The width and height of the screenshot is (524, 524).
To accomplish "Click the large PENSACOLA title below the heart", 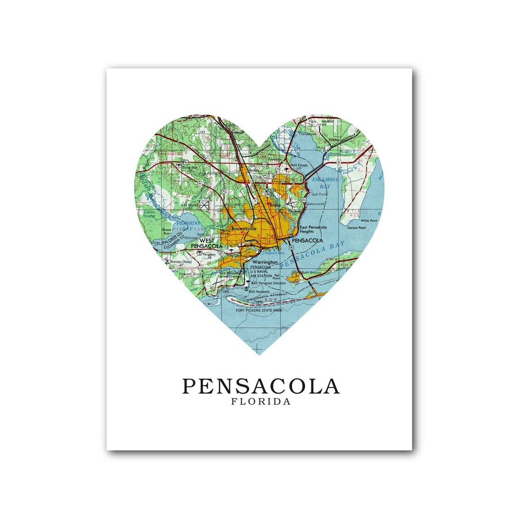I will tap(261, 387).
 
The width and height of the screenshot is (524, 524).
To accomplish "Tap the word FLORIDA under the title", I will tap(261, 402).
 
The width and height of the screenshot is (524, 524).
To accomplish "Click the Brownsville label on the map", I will tap(244, 228).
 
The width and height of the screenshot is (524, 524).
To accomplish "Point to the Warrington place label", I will tap(265, 262).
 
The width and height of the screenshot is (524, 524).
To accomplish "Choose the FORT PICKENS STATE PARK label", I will tap(259, 311).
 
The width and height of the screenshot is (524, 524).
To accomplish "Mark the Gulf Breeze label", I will tap(311, 273).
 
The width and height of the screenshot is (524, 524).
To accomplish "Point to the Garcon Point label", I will tap(356, 228).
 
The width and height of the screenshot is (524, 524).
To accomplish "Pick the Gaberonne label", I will tap(316, 204).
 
